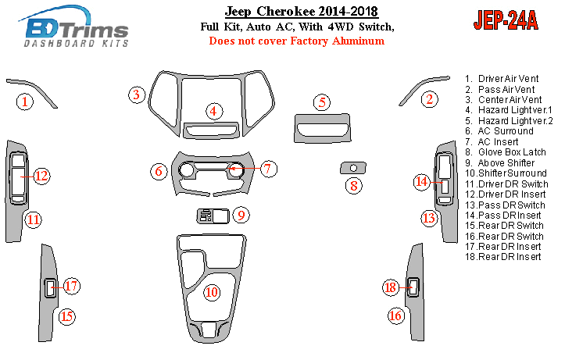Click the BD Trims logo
[x=74, y=27]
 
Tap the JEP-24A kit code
[x=506, y=20]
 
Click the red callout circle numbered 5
[x=322, y=102]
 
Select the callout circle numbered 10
[x=212, y=292]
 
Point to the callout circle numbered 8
[x=354, y=186]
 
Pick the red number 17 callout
[x=71, y=286]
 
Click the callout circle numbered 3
[x=137, y=95]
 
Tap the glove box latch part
[x=353, y=168]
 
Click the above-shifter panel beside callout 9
[x=213, y=216]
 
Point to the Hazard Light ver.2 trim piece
[x=322, y=128]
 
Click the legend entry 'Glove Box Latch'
[x=506, y=152]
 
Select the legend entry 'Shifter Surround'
[x=506, y=173]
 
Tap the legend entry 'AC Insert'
[x=492, y=142]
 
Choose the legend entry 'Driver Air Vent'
[x=502, y=79]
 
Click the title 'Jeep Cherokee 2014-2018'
[x=301, y=11]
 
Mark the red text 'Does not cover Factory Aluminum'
[x=297, y=41]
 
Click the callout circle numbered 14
[x=421, y=182]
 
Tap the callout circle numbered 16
[x=395, y=315]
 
